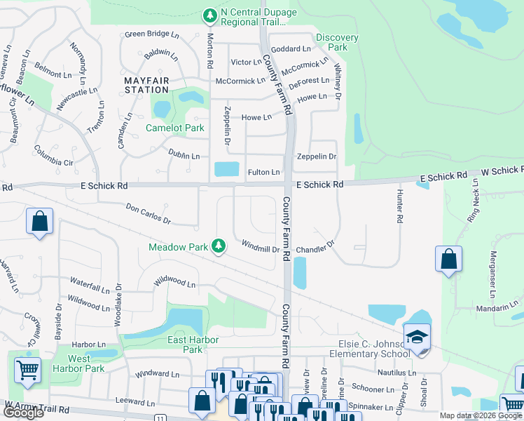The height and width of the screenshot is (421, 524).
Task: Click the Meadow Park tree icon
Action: tap(219, 246)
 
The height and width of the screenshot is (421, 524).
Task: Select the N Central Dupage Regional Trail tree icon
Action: tap(209, 15)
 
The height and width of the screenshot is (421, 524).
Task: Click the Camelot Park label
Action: tap(174, 128)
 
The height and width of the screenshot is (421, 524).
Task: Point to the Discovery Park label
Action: tap(337, 42)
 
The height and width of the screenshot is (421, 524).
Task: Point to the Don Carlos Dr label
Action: tap(149, 213)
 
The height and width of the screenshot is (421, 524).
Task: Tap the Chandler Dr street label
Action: tap(315, 249)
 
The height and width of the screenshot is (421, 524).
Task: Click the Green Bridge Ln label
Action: tap(152, 34)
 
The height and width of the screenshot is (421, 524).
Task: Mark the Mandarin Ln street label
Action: tap(495, 306)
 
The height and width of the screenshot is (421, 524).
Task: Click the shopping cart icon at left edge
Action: tap(27, 369)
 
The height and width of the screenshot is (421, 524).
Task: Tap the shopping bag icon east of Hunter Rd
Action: tap(448, 259)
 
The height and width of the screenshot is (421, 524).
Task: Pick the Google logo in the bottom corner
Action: tap(24, 413)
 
